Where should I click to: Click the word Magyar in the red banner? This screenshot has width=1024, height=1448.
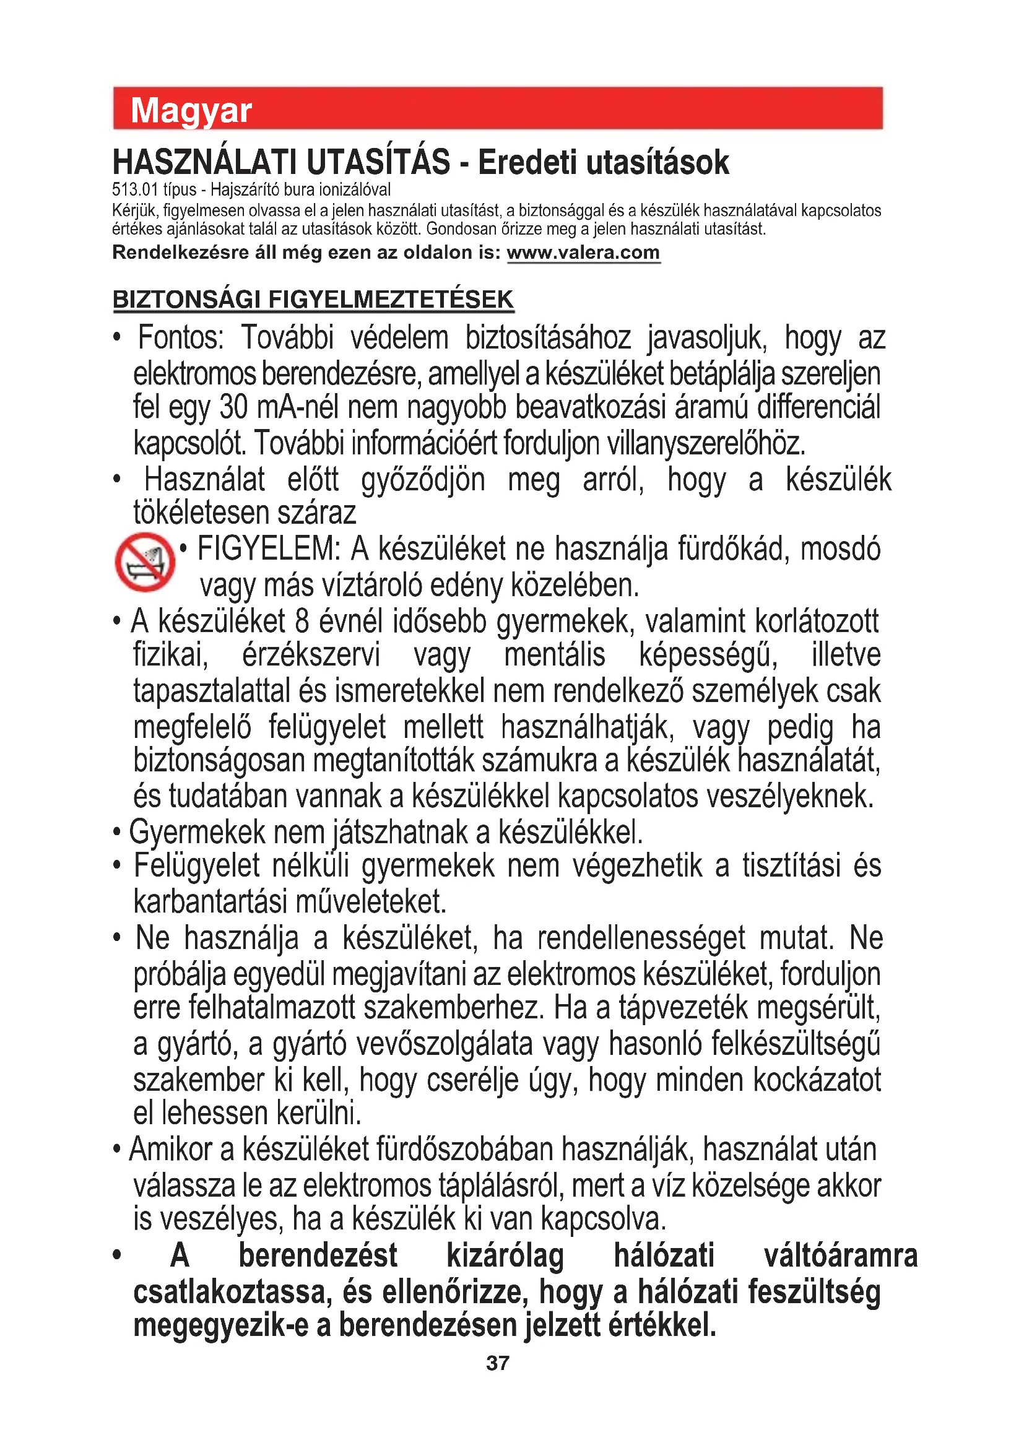191,111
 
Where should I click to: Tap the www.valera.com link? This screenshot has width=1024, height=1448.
583,253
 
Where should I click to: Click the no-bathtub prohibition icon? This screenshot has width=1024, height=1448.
145,562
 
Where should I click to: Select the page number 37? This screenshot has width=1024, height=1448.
498,1363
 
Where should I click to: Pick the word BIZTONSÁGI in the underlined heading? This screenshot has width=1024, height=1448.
186,300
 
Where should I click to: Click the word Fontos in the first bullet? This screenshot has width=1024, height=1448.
180,338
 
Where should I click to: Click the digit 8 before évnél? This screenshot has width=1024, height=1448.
302,621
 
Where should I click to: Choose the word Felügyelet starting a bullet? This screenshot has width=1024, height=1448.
197,865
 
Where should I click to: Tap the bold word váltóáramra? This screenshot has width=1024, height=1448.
840,1255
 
